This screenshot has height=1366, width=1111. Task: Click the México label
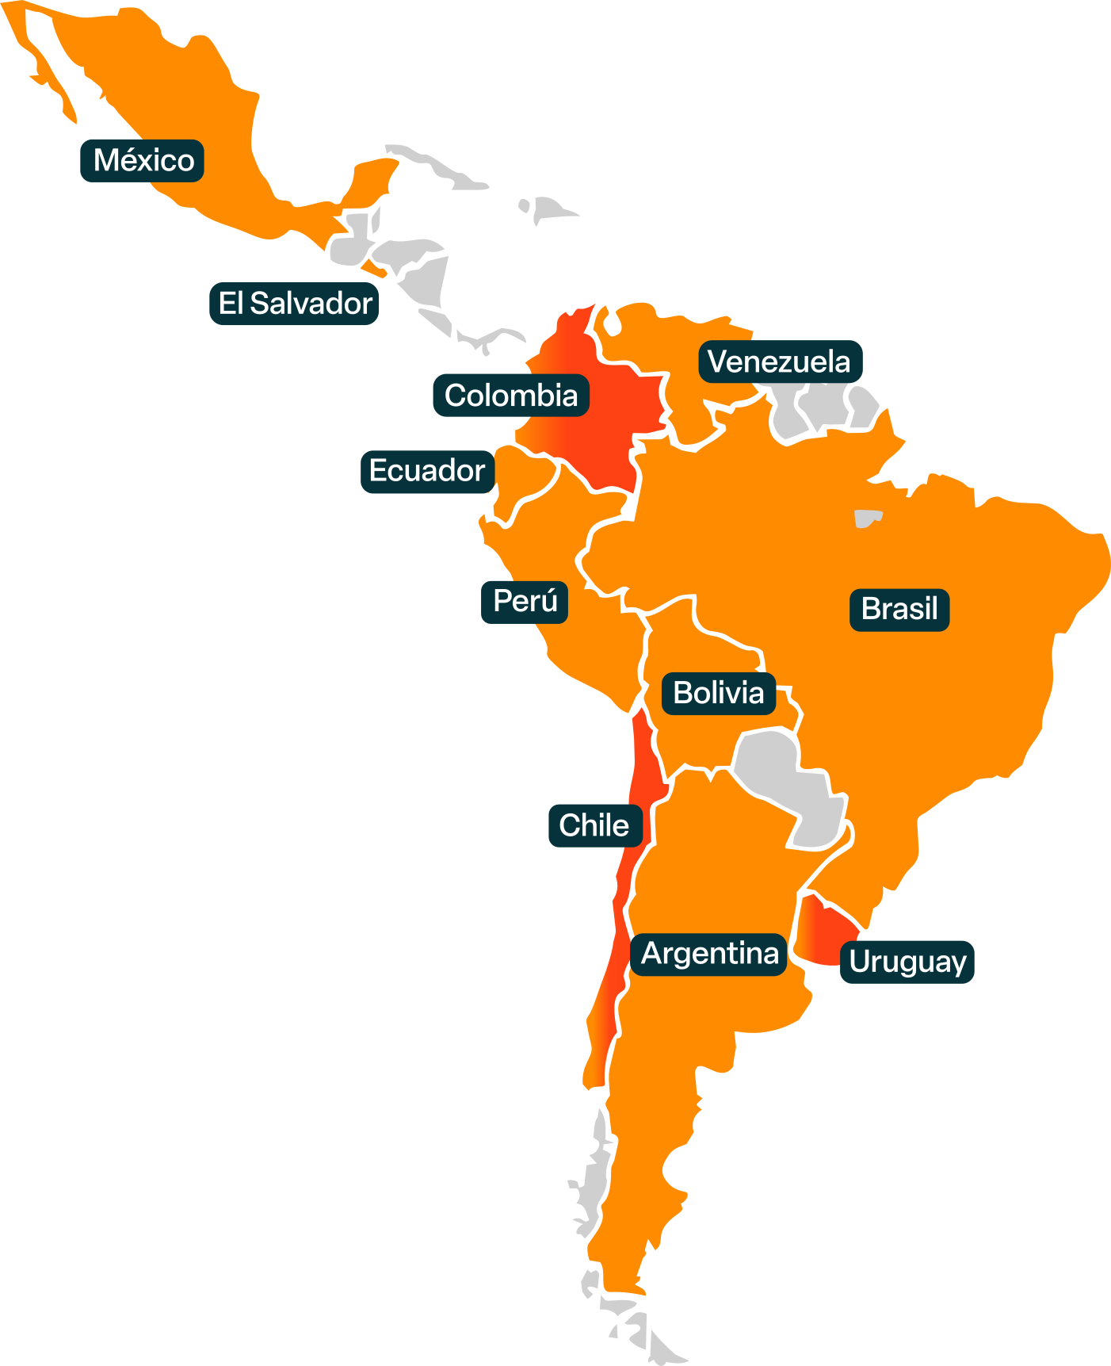click(143, 161)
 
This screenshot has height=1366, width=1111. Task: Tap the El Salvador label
click(294, 304)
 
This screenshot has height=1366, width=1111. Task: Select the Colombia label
click(511, 396)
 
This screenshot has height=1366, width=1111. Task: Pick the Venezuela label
click(780, 362)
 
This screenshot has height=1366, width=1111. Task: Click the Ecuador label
click(427, 471)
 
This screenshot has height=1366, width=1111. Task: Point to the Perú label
click(525, 602)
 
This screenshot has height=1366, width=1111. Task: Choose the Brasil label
click(899, 610)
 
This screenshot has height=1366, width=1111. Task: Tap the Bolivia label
click(719, 694)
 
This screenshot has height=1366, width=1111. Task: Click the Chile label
click(594, 826)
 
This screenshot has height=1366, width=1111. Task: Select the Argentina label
click(709, 954)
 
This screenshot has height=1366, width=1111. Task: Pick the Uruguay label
click(907, 962)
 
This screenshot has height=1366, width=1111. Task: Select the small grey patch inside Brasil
click(866, 518)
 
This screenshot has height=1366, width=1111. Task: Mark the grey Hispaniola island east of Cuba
click(551, 210)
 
